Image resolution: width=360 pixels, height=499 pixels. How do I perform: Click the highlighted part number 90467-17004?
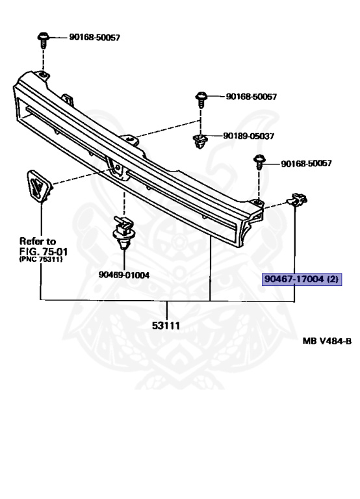294,280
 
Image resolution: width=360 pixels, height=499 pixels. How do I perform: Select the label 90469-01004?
124,275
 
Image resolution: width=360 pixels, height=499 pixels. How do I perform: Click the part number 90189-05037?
249,136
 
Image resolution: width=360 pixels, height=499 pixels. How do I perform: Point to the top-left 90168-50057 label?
95,38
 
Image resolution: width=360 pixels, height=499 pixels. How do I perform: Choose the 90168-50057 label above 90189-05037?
251,97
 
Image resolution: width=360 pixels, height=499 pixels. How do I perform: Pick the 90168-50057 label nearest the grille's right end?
306,163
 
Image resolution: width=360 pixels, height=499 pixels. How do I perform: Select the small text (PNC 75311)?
42,259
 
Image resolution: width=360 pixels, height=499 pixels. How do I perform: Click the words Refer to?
38,240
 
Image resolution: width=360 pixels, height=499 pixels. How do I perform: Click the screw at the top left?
44,40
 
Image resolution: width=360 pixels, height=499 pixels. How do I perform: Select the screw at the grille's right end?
259,162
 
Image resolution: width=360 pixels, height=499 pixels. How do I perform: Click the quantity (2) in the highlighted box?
333,280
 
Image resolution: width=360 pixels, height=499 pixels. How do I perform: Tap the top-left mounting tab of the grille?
40,77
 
